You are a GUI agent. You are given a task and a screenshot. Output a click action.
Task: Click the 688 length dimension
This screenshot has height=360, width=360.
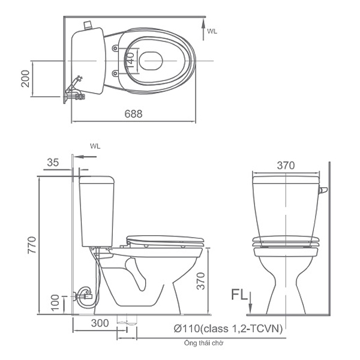tap(134, 114)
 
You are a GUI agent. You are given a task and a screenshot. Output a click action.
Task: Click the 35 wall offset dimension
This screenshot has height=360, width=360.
tap(53, 162)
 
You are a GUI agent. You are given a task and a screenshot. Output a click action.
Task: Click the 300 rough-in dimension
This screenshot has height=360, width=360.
tap(101, 323)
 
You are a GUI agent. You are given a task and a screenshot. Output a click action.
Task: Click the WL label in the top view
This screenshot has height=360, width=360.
tap(212, 30)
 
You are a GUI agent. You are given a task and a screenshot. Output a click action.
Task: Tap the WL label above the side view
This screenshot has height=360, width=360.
tap(94, 145)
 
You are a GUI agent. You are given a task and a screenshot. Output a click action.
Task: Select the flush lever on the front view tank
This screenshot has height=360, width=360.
tap(323, 191)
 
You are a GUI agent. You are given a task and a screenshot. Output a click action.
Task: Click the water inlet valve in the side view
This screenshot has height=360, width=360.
tap(81, 294)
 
